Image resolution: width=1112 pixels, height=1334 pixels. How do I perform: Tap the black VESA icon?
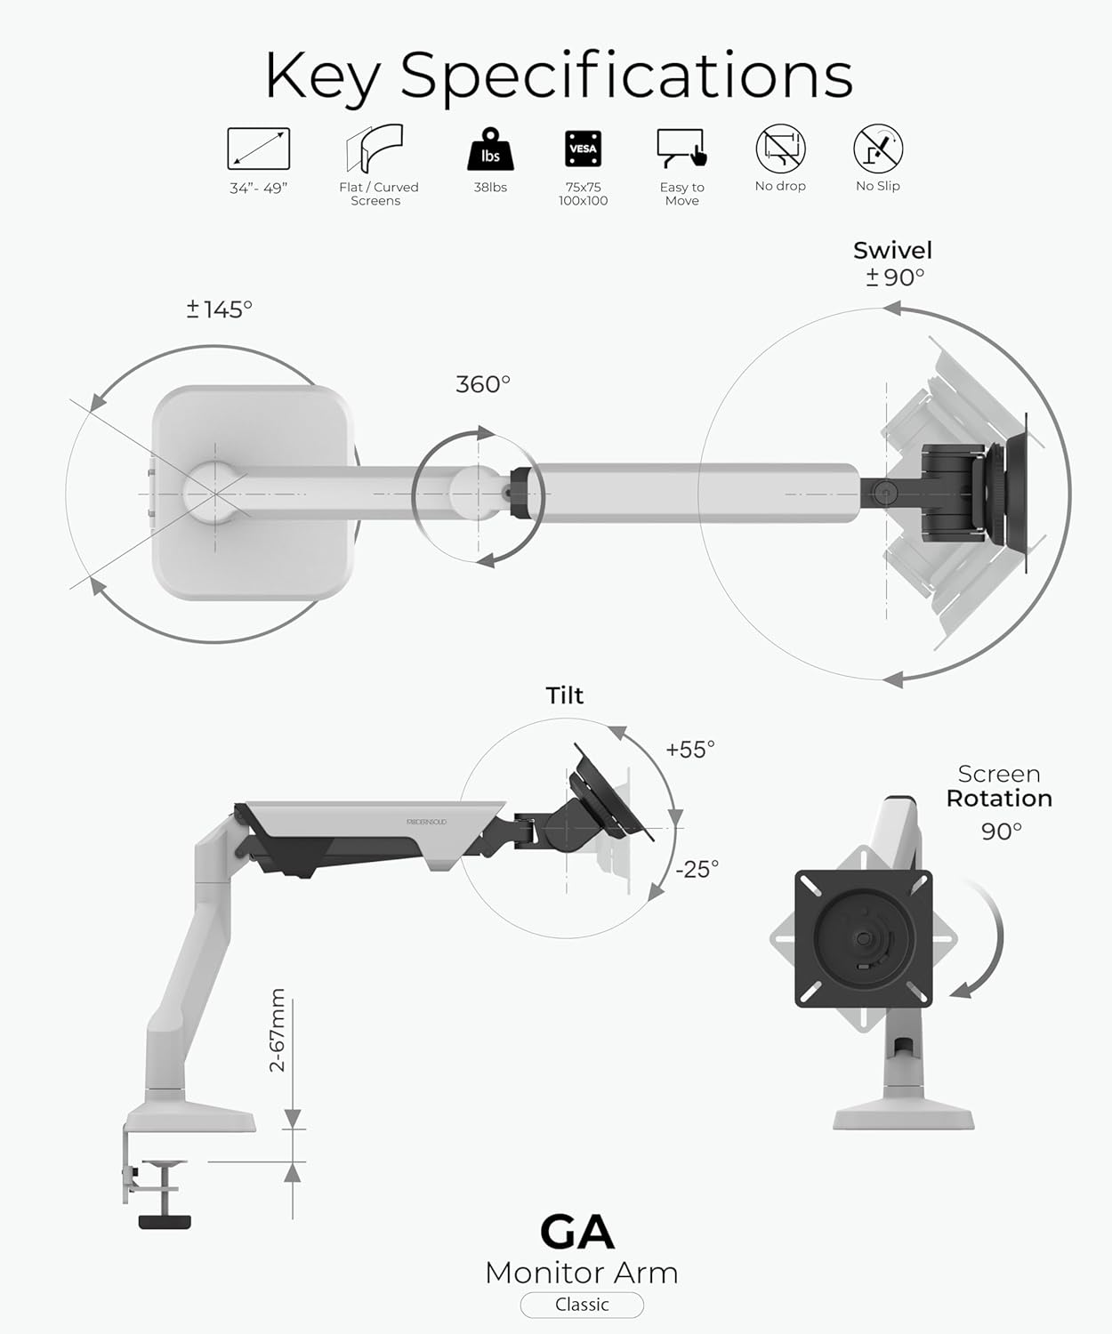(x=583, y=149)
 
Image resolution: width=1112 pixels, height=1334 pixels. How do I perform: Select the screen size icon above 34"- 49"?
(x=258, y=149)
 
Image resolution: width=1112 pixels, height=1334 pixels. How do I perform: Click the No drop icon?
(x=780, y=149)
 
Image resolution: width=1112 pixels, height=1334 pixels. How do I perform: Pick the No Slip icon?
(x=878, y=149)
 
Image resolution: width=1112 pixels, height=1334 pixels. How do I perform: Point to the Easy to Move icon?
(x=682, y=149)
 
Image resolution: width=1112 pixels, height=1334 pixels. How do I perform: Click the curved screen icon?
(x=375, y=149)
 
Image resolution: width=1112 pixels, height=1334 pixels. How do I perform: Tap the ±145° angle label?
(x=219, y=309)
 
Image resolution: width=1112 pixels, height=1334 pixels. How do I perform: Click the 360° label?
(x=483, y=384)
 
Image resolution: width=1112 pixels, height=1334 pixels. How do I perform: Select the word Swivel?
(x=893, y=251)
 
